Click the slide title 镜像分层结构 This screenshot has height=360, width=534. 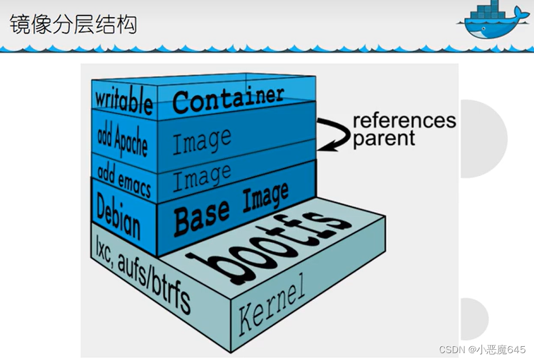73,26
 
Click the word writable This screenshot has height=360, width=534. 123,102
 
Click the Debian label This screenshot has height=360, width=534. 118,215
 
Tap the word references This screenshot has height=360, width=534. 404,121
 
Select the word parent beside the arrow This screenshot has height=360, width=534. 384,139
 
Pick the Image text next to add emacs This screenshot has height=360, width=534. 202,177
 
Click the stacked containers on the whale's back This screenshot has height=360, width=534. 485,10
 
